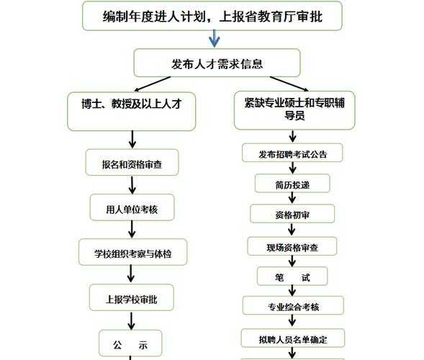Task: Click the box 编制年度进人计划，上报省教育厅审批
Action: (212, 16)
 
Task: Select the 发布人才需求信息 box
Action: (217, 63)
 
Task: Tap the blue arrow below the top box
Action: (215, 38)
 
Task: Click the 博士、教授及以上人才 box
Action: (132, 112)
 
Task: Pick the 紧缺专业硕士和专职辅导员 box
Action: (294, 110)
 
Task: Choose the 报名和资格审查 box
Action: (132, 162)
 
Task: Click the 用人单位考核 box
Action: (132, 207)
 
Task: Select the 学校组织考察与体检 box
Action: (132, 252)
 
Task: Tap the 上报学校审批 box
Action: (132, 297)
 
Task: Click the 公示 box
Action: (130, 343)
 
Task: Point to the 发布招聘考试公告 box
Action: (292, 153)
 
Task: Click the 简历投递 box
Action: (292, 183)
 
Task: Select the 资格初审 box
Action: (292, 213)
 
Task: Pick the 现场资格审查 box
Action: (292, 246)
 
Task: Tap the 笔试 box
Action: (292, 276)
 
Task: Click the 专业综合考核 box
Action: (293, 305)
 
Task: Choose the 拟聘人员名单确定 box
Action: (293, 338)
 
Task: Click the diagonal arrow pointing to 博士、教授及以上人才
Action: (153, 84)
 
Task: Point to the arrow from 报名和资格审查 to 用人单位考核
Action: (132, 185)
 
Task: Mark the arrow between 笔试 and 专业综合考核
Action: (292, 291)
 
